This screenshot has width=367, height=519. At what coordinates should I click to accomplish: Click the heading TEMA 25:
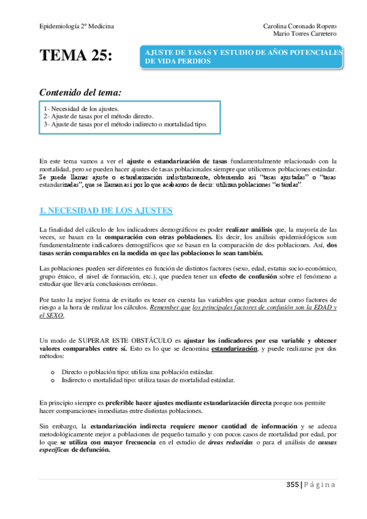[76, 56]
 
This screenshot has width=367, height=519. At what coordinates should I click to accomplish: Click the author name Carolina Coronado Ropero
[299, 26]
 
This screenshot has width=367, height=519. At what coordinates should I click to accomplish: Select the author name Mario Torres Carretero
[304, 34]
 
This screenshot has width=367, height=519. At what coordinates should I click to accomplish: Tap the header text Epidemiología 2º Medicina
[76, 26]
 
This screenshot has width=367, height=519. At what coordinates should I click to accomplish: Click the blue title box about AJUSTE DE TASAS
[242, 58]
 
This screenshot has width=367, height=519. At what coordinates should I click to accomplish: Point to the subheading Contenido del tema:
[80, 92]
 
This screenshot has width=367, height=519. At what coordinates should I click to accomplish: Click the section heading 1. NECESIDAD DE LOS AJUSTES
[105, 211]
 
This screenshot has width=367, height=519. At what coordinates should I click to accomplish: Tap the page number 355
[292, 485]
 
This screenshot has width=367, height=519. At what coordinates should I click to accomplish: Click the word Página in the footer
[320, 485]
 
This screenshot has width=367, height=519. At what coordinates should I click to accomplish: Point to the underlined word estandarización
[235, 348]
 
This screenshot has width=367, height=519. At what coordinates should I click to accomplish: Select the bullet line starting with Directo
[137, 371]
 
